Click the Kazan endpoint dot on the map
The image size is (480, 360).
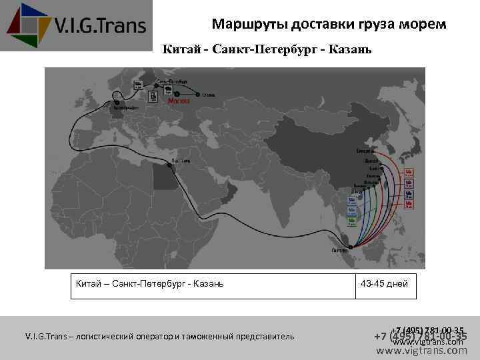(x=197, y=94)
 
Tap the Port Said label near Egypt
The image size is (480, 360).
(x=181, y=161)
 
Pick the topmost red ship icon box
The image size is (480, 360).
(x=409, y=173)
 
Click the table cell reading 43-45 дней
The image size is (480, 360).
(x=383, y=284)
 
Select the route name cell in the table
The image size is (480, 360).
(x=150, y=284)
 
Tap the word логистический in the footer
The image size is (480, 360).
(x=108, y=337)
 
